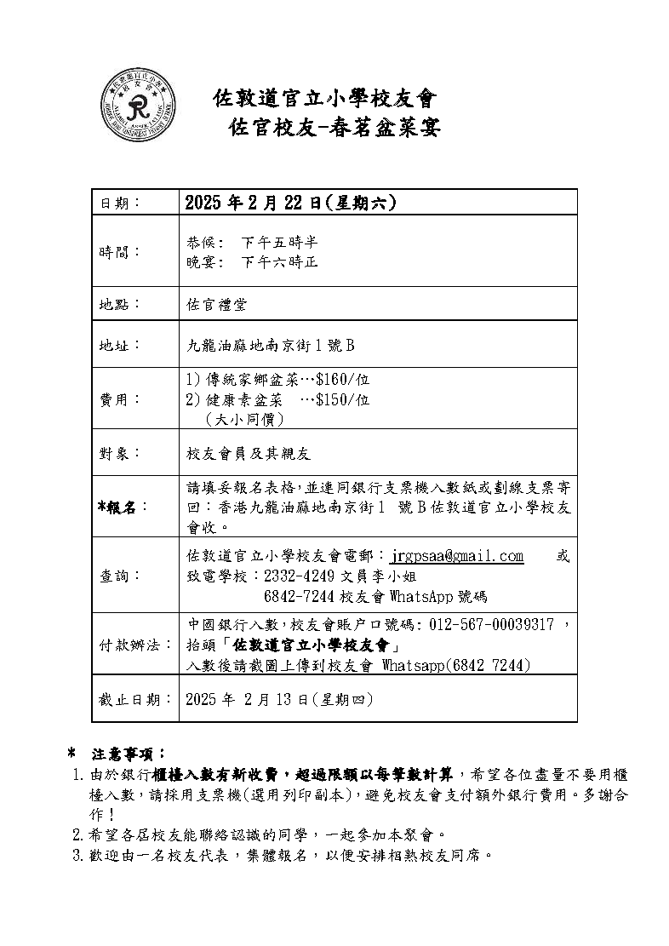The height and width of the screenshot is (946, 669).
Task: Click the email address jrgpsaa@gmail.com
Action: click(457, 556)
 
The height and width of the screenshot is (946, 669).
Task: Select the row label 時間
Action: click(118, 252)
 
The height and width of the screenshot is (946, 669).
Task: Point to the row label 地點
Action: click(117, 304)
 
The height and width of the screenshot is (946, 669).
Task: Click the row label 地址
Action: click(117, 346)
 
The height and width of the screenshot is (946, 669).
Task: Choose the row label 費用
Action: click(117, 398)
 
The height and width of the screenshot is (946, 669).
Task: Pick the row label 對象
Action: click(117, 453)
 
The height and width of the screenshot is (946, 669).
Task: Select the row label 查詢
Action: click(117, 576)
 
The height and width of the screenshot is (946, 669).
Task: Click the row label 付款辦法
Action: click(132, 645)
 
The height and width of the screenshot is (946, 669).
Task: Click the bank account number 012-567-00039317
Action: click(492, 625)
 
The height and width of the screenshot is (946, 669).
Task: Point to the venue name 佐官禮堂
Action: click(217, 304)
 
